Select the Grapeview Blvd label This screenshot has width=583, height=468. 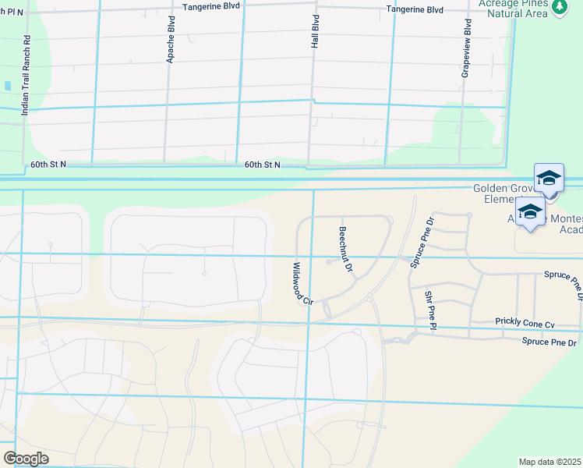click(x=467, y=45)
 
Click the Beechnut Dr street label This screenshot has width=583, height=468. click(x=346, y=249)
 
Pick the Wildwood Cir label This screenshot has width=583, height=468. click(x=301, y=282)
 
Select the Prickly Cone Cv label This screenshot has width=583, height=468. click(x=525, y=323)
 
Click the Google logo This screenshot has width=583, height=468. click(x=26, y=459)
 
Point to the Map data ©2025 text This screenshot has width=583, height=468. click(x=550, y=462)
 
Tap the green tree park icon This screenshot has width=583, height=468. click(x=558, y=7)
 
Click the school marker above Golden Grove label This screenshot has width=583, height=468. click(x=549, y=179)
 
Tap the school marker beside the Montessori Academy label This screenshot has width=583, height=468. click(x=530, y=212)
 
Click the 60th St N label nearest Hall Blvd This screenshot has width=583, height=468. click(x=262, y=165)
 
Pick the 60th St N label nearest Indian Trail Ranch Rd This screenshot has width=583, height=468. click(x=48, y=165)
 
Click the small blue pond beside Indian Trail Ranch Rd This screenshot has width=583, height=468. click(x=7, y=86)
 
